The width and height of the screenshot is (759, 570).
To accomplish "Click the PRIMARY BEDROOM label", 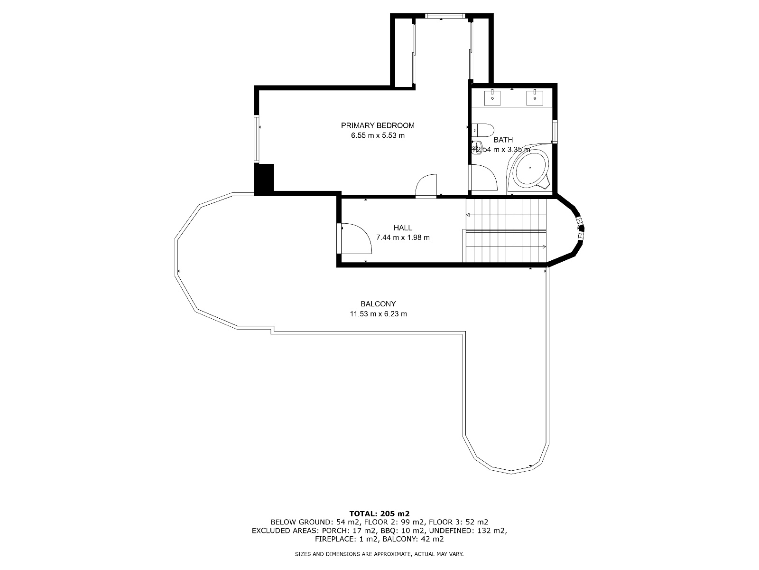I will tap(378, 125).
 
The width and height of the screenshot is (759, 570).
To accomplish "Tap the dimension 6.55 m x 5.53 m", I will tap(378, 135).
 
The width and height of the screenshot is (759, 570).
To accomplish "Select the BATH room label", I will tap(503, 140).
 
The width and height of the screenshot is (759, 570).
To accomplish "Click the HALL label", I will tap(403, 228).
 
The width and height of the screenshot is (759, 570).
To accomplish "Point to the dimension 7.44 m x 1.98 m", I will tap(403, 237).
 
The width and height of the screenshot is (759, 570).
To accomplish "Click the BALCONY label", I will tap(378, 304).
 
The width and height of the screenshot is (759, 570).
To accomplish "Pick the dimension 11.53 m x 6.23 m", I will tap(378, 314).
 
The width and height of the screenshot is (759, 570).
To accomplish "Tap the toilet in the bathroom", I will tap(483, 129).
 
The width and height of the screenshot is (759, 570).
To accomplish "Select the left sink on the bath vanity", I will tap(492, 98).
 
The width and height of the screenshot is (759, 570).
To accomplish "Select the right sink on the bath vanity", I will tap(535, 98).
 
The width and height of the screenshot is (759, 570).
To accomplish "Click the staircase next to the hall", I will tap(506, 230).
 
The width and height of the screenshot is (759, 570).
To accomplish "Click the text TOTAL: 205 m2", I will tap(379, 513).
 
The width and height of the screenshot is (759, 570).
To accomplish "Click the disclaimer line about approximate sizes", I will tap(379, 554).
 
